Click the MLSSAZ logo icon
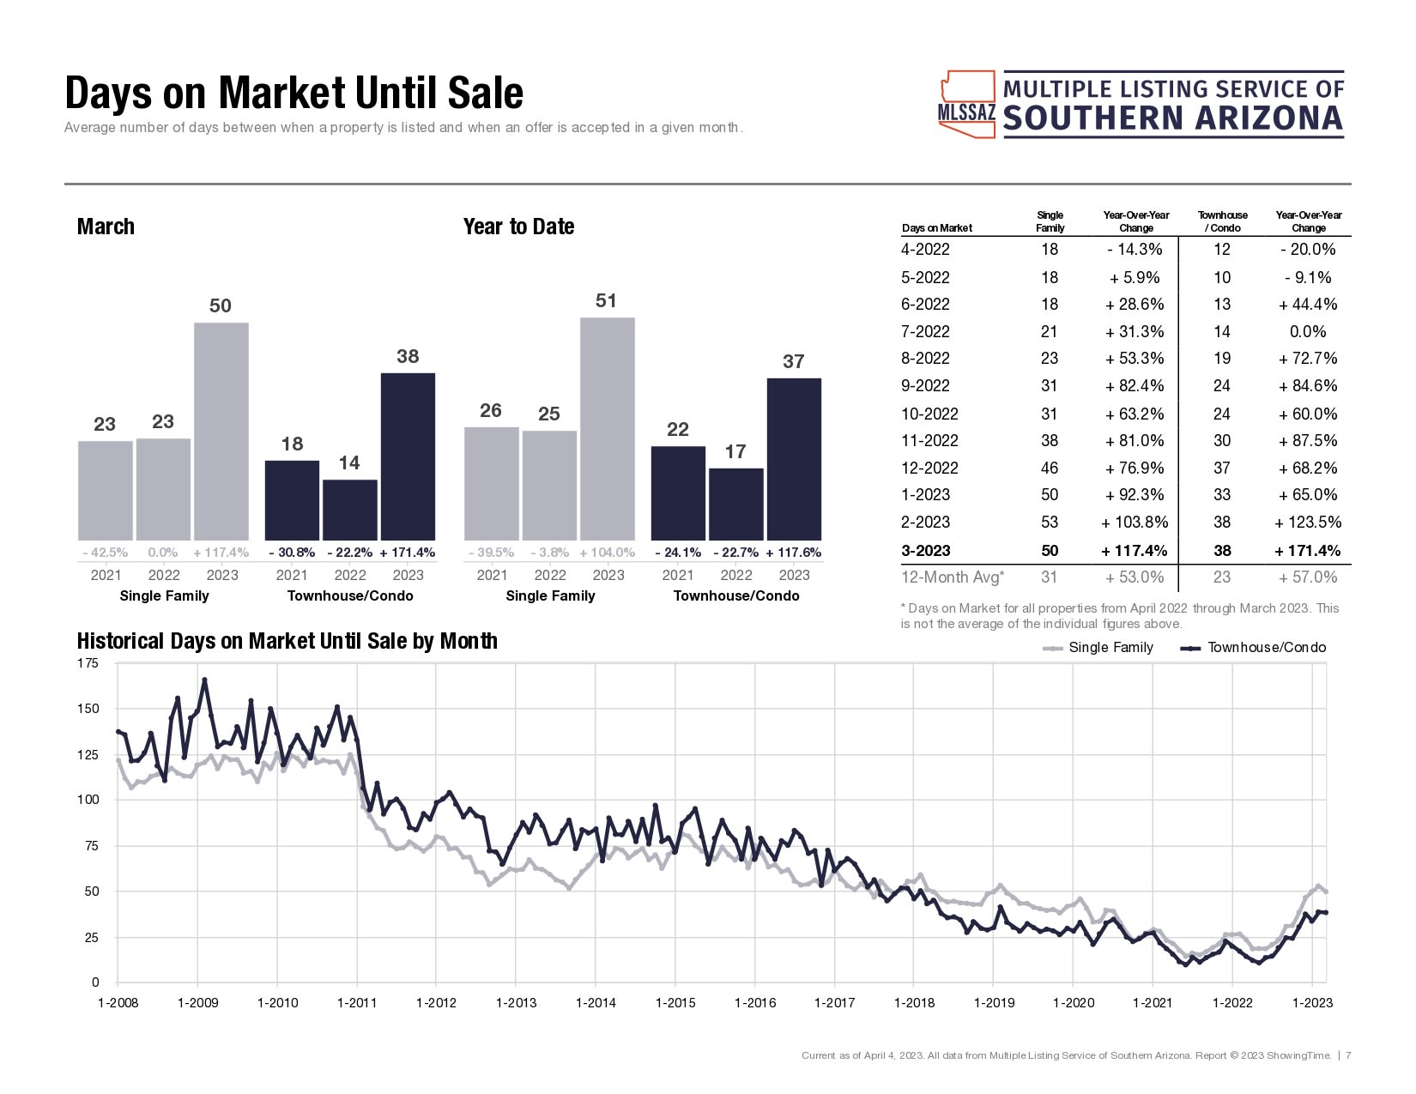click(x=967, y=105)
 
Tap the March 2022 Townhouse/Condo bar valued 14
click(x=350, y=509)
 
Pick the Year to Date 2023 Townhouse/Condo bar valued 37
click(x=794, y=458)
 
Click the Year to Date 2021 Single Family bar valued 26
click(x=491, y=483)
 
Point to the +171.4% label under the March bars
click(x=408, y=553)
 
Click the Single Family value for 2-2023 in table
click(x=1050, y=523)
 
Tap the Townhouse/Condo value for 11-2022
click(x=1222, y=441)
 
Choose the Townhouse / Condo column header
click(x=1223, y=221)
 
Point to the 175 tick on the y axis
click(x=88, y=663)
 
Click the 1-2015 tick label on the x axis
click(x=675, y=1003)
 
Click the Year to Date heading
click(x=518, y=227)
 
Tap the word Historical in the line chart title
click(x=120, y=641)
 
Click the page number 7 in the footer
click(x=1349, y=1055)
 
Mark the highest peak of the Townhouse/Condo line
click(x=204, y=680)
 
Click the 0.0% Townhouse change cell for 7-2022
click(x=1308, y=332)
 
